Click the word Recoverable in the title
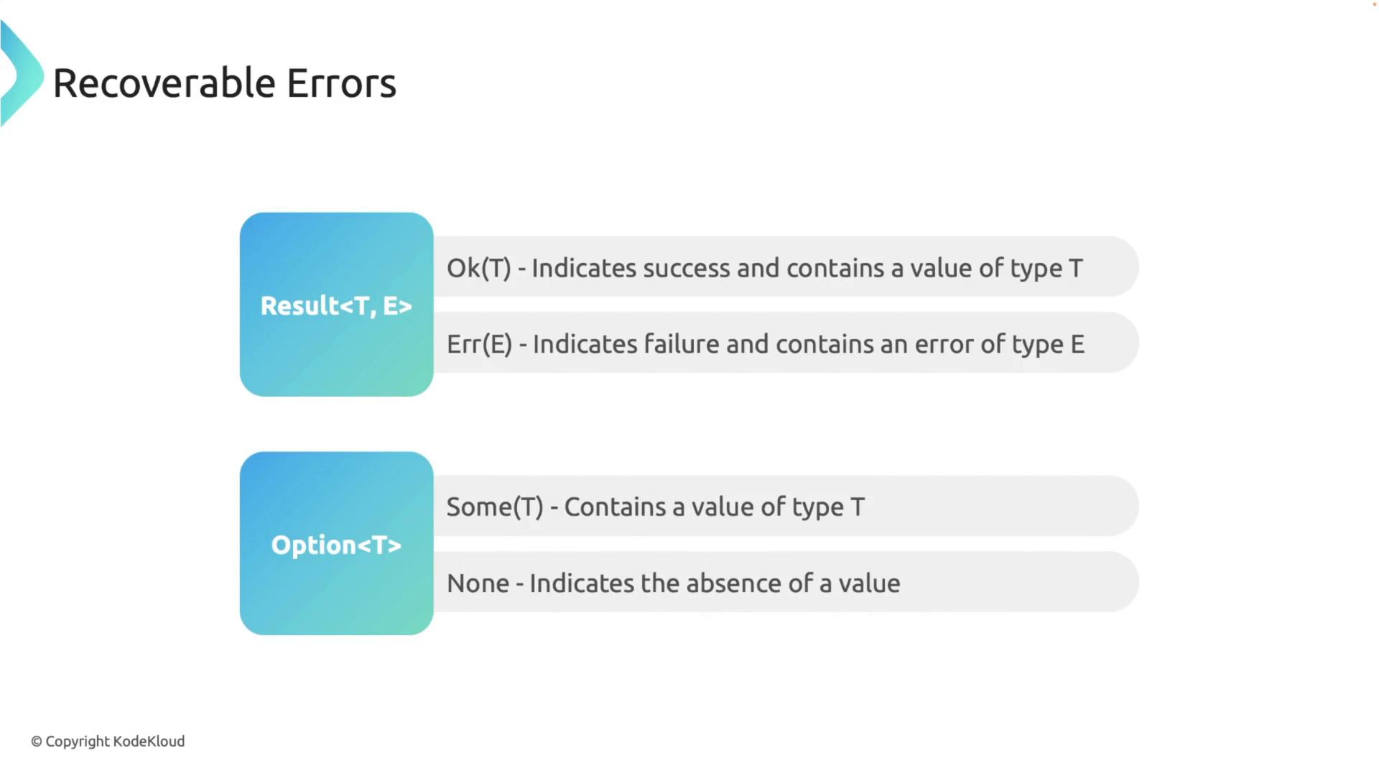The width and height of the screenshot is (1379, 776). pyautogui.click(x=164, y=83)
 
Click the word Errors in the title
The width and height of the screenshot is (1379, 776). pyautogui.click(x=341, y=83)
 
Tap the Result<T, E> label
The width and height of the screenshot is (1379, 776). pyautogui.click(x=336, y=305)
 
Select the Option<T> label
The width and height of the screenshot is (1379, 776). pyautogui.click(x=336, y=545)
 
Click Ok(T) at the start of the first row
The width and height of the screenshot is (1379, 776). pyautogui.click(x=479, y=268)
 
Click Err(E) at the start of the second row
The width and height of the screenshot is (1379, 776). pyautogui.click(x=480, y=344)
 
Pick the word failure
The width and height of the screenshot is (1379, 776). pyautogui.click(x=682, y=343)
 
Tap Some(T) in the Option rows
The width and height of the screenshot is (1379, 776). pyautogui.click(x=495, y=507)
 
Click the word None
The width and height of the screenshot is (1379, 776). pyautogui.click(x=478, y=583)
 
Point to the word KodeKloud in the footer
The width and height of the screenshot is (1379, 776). pyautogui.click(x=149, y=741)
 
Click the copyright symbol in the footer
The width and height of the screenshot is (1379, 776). pyautogui.click(x=37, y=742)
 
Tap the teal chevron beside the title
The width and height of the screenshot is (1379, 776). pyautogui.click(x=22, y=74)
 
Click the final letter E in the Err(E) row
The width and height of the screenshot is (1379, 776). pyautogui.click(x=1077, y=344)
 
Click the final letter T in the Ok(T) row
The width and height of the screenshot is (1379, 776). pyautogui.click(x=1075, y=268)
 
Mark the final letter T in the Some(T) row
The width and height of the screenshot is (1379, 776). pyautogui.click(x=858, y=507)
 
